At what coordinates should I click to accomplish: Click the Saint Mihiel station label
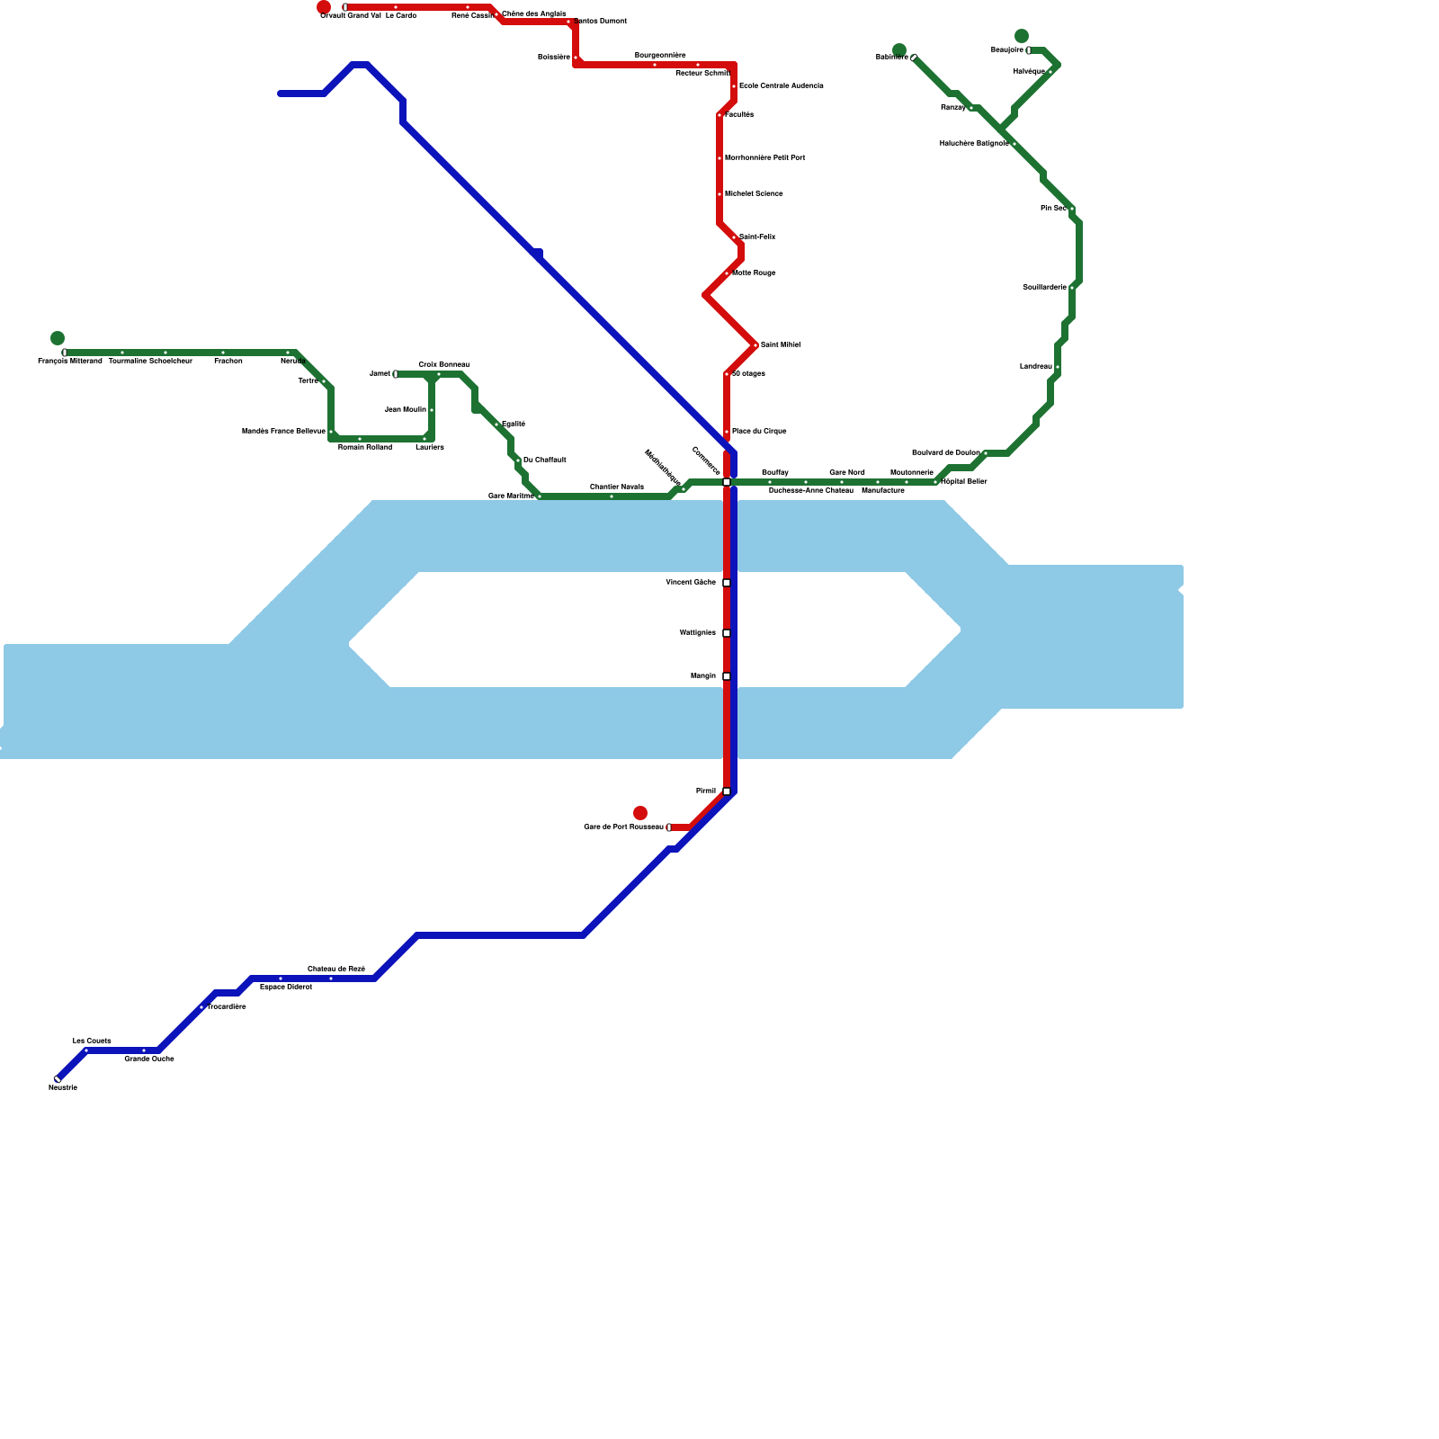780,344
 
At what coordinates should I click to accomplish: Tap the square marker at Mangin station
727,676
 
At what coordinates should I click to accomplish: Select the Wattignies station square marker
727,633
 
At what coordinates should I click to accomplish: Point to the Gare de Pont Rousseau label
623,827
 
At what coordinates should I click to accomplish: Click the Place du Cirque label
759,431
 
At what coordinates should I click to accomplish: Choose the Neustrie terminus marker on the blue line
58,1079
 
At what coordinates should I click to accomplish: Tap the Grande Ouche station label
149,1059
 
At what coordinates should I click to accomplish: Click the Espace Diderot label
286,987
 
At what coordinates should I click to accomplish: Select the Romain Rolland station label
365,447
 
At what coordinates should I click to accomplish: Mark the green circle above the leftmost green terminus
58,338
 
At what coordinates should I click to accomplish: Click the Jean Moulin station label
405,409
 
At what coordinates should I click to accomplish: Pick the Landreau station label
1035,366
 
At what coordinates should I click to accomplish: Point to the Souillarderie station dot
1072,288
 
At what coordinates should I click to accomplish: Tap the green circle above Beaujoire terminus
1022,36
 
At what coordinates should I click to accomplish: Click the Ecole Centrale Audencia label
782,85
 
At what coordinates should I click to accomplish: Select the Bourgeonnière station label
660,55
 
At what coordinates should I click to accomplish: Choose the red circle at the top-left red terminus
324,7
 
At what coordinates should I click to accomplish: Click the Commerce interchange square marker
727,482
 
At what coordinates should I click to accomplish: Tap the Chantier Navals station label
617,487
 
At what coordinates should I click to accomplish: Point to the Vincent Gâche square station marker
727,583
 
